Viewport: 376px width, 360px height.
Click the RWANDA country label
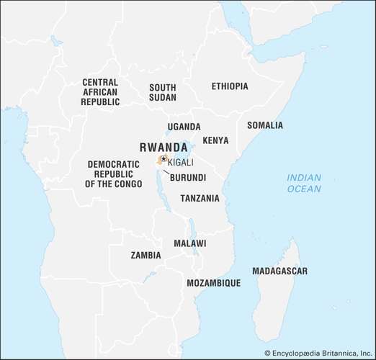tap(164, 146)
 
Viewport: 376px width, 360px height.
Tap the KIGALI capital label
tap(180, 163)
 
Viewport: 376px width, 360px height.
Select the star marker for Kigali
tap(164, 158)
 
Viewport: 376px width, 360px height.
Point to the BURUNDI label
tap(188, 177)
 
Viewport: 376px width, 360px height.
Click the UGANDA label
tap(184, 127)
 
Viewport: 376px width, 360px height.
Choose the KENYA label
tap(216, 140)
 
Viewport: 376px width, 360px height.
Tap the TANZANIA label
tap(200, 198)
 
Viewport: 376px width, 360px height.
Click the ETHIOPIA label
tap(230, 86)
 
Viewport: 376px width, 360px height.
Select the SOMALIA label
tap(265, 125)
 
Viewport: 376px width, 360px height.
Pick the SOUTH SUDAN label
tap(162, 92)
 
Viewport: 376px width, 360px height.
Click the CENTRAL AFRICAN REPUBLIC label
tap(100, 92)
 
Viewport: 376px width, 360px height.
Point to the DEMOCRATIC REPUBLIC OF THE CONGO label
tap(113, 174)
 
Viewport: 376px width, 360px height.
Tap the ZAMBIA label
tap(146, 255)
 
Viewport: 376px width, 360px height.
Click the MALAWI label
tap(189, 243)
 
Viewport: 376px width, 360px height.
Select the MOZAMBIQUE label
tap(213, 283)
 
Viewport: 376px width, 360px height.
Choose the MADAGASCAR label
tap(279, 271)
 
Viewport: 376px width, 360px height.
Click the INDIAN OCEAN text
tap(303, 183)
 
